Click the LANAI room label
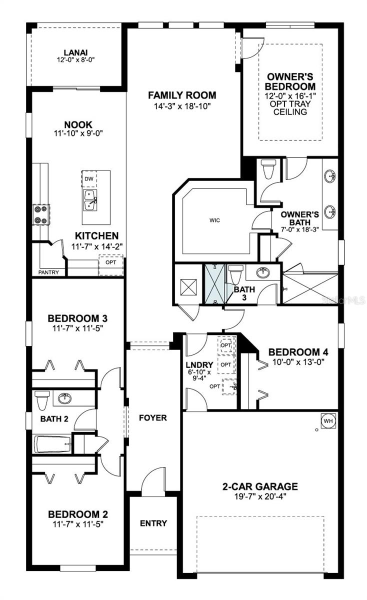click(x=76, y=52)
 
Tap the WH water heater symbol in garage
click(x=328, y=420)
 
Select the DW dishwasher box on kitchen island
click(x=89, y=179)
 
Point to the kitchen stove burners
click(x=40, y=214)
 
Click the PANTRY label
click(x=49, y=272)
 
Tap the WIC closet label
click(x=215, y=219)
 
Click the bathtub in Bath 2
click(x=52, y=443)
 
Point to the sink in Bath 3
click(x=262, y=272)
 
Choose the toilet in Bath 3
click(x=235, y=274)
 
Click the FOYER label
click(x=153, y=417)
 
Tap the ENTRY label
click(x=153, y=523)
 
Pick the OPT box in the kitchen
click(x=110, y=262)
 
